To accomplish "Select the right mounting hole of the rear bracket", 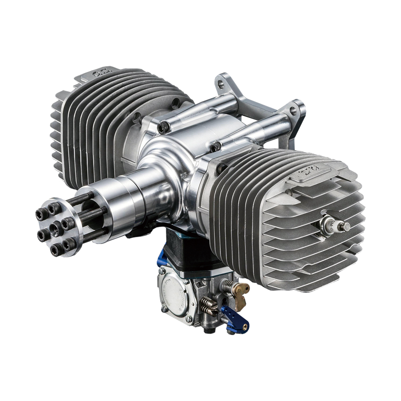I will pyautogui.click(x=293, y=110).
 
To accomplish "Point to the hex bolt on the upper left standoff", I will pyautogui.click(x=163, y=127).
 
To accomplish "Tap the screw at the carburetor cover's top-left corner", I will pyautogui.click(x=163, y=270).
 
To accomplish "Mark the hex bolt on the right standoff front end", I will pyautogui.click(x=215, y=146).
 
